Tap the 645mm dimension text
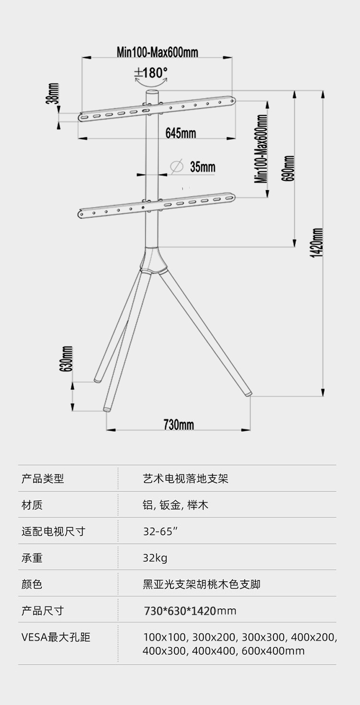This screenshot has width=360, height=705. pos(180,133)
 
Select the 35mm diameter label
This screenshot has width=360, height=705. pos(203,167)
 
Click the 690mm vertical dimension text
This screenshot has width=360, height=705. pos(288,168)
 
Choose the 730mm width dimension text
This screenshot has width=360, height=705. pos(179,425)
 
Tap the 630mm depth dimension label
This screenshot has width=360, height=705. pos(67,358)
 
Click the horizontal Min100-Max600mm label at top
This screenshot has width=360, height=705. pos(157,52)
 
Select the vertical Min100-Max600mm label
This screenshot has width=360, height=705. pos(262,148)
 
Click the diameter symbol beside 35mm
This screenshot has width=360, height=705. pos(177,167)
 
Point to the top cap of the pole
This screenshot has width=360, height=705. pos(152,92)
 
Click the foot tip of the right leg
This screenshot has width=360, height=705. pos(248,394)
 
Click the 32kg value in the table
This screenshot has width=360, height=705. pos(155,558)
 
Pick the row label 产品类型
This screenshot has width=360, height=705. pos(43,478)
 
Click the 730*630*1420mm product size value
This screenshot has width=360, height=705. pos(190,611)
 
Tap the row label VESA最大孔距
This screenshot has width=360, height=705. pos(56,637)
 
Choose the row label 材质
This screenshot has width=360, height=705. pos(32,505)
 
